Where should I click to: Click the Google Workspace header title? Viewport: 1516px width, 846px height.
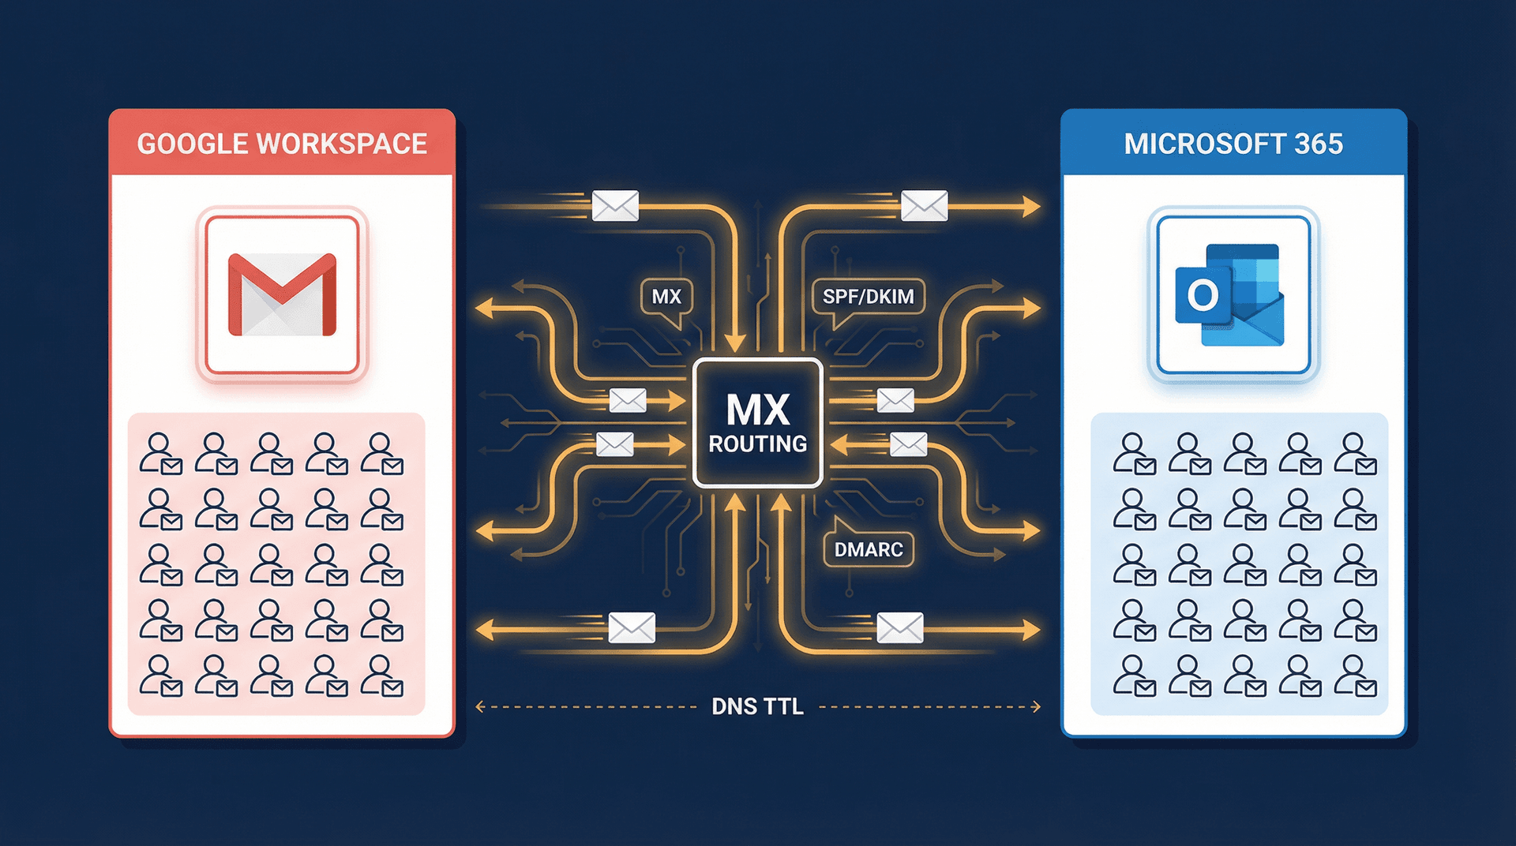pos(282,144)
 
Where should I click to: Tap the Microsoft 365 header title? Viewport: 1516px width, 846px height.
pos(1233,144)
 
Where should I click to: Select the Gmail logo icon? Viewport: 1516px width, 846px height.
pos(282,294)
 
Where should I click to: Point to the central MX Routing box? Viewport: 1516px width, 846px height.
pos(757,423)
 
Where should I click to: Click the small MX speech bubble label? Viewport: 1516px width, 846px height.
pos(666,297)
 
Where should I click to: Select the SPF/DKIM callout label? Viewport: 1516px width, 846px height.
pos(868,297)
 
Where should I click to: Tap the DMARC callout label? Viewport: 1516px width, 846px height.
pos(868,549)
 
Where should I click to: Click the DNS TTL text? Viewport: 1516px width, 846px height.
pos(757,706)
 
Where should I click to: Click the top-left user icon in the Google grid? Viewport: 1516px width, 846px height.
pos(160,453)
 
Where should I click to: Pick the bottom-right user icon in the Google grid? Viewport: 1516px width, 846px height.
pos(382,676)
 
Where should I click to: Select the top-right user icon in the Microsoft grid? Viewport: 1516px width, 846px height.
pos(1355,453)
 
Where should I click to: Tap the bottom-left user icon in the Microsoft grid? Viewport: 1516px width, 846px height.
pos(1134,676)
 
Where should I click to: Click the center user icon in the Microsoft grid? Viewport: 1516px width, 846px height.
pos(1244,565)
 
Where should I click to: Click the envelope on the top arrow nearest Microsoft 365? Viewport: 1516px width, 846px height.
pos(924,206)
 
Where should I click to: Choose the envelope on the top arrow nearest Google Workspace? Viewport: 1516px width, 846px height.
pos(615,206)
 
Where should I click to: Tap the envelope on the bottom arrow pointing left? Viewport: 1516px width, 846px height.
pos(632,628)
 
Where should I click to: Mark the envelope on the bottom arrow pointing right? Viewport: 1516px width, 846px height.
pos(899,628)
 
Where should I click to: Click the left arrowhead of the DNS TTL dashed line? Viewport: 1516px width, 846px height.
pos(480,706)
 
